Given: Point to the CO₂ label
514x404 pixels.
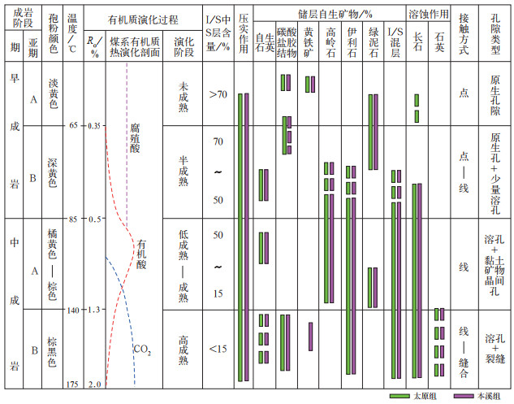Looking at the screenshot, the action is click(142, 351).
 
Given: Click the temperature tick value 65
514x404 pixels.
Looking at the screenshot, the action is click(73, 126).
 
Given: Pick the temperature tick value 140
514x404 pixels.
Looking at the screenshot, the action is click(73, 310).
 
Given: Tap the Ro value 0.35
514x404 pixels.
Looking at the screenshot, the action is click(94, 126).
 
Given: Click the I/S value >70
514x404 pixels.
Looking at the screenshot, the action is click(217, 95).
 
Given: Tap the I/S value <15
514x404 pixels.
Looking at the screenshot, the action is click(217, 349).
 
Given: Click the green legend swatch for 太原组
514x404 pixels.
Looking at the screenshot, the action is click(401, 396).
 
